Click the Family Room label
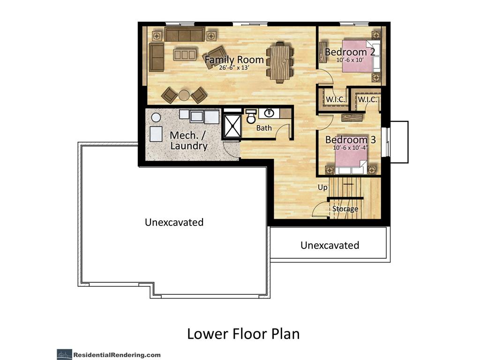tap(234, 60)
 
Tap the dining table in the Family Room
tap(280, 62)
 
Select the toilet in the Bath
tap(251, 116)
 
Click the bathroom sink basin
tap(269, 113)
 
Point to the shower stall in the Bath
tap(232, 126)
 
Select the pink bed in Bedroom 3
tap(351, 163)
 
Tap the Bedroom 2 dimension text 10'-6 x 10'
tap(350, 60)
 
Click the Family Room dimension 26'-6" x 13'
tap(234, 67)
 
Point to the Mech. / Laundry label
tap(188, 141)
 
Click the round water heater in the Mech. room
tap(156, 118)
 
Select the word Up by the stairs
tap(322, 187)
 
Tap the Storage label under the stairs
tap(345, 209)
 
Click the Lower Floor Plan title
tap(243, 334)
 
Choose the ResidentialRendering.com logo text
tap(117, 355)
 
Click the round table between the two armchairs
tap(184, 95)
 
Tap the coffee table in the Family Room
tap(184, 55)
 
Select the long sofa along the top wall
tap(185, 34)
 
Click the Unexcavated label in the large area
tap(174, 222)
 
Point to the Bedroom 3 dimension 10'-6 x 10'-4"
tap(351, 148)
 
